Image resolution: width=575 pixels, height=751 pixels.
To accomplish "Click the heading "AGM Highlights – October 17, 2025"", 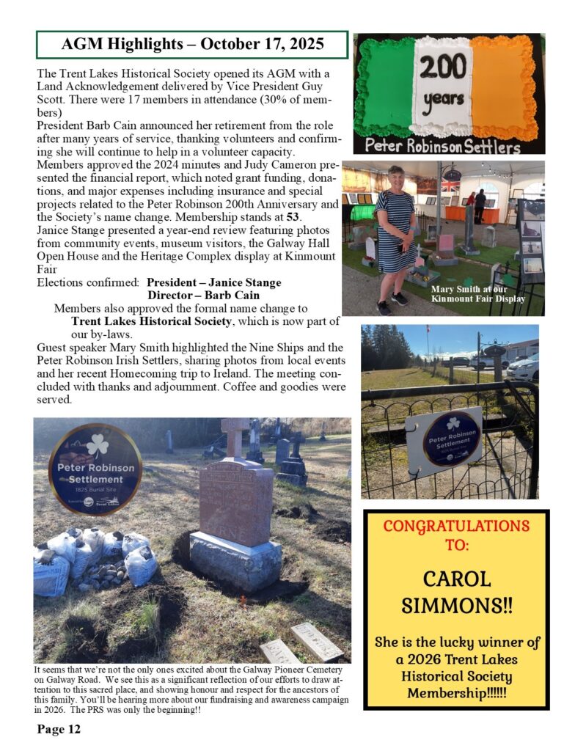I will click(192, 44).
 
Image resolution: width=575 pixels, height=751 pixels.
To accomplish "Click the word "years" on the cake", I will click(443, 98).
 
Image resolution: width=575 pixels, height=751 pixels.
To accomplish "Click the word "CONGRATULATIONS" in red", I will click(456, 526).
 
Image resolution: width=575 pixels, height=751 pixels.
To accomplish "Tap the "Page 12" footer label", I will click(59, 729).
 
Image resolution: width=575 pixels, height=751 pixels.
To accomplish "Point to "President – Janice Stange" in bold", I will click(213, 282).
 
